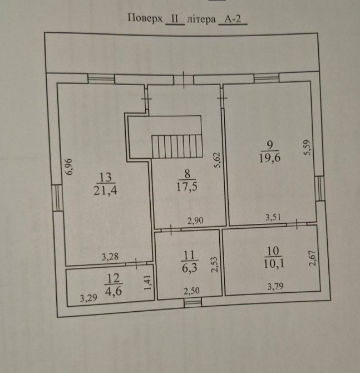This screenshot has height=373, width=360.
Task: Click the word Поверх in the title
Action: click(145, 18)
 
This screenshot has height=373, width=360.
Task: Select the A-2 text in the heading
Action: click(233, 19)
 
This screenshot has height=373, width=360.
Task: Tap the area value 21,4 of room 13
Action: click(105, 190)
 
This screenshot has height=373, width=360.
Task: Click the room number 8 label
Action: click(188, 174)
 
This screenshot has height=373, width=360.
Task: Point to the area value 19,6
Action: click(270, 158)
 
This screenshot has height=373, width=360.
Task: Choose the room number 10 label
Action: click(273, 251)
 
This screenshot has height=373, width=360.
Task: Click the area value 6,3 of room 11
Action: click(190, 268)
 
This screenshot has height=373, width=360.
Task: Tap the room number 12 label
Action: click(114, 278)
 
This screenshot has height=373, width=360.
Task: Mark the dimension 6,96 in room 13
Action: click(69, 167)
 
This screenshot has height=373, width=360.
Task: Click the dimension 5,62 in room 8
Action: click(218, 160)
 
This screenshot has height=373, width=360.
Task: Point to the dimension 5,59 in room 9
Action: click(307, 148)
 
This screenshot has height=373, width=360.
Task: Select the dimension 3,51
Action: click(273, 217)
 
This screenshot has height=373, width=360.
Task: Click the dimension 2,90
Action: click(195, 220)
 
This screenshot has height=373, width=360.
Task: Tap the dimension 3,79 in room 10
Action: click(275, 286)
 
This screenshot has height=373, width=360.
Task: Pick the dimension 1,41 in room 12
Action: click(147, 282)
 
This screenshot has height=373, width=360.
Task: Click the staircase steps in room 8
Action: click(177, 146)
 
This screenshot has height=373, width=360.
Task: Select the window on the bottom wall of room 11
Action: click(193, 303)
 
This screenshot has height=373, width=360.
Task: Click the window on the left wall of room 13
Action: click(57, 198)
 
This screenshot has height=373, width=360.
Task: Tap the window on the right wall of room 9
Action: click(320, 188)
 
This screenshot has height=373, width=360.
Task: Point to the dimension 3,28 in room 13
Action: click(110, 257)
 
